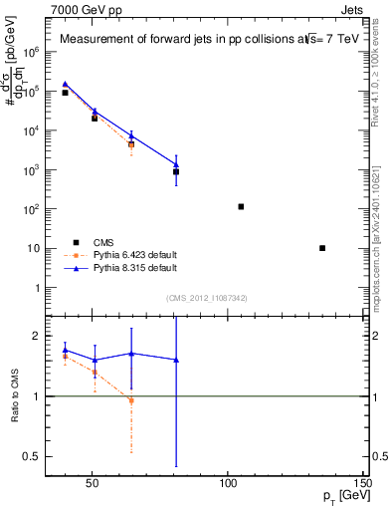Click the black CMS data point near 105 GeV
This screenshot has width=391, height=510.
tap(241, 206)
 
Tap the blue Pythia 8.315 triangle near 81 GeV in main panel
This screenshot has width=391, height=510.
tap(175, 164)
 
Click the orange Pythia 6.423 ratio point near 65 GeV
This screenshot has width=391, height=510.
tap(131, 400)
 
